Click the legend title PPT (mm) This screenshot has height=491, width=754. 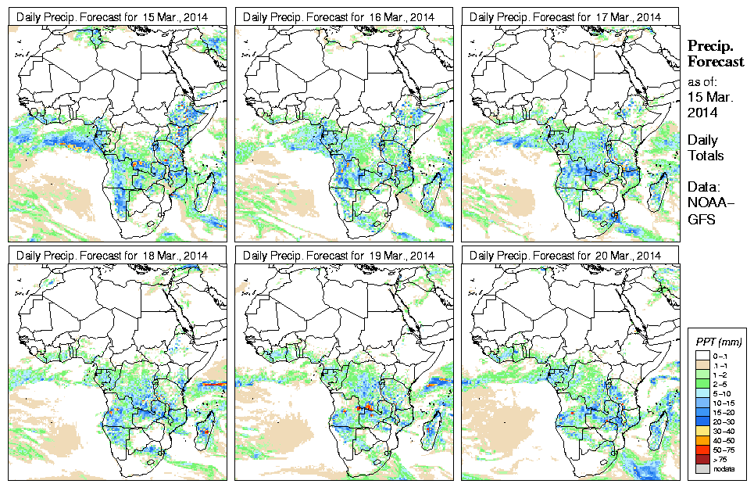point(719,342)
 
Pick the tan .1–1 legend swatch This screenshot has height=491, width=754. point(703,364)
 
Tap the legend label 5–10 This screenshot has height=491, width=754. point(727,394)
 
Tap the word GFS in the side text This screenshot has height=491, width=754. point(699,220)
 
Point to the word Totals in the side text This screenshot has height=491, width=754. point(706,156)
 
